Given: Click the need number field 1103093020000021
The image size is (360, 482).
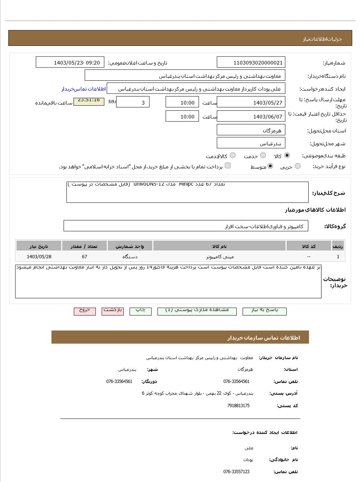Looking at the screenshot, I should (251, 63).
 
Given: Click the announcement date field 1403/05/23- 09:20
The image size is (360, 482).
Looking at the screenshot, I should (70, 63).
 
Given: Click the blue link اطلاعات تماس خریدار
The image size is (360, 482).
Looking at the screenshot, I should (83, 89).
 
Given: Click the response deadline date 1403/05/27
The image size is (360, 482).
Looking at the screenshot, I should (251, 102).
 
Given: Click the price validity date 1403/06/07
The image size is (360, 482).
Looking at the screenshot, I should (251, 117).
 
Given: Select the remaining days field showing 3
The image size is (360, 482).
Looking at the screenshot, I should (133, 102).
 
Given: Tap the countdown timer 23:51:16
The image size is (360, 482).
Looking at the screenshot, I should (88, 100).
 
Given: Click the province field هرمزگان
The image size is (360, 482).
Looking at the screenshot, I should (251, 130).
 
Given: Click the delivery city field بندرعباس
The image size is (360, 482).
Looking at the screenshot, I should (251, 143).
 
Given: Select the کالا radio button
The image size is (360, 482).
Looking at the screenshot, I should (287, 156).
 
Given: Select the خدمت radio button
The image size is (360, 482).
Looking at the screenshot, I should (263, 156).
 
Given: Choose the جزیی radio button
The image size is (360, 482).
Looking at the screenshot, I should (298, 166).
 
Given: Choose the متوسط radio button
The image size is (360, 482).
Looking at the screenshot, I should (270, 166).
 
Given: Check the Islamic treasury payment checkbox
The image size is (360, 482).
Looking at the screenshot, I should (228, 165).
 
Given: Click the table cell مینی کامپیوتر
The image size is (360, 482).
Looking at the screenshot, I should (220, 257).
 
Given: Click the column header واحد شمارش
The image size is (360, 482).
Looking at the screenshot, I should (130, 246).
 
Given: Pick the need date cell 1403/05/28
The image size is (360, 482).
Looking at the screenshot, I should (39, 257).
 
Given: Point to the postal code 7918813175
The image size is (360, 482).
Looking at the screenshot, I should (238, 406).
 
